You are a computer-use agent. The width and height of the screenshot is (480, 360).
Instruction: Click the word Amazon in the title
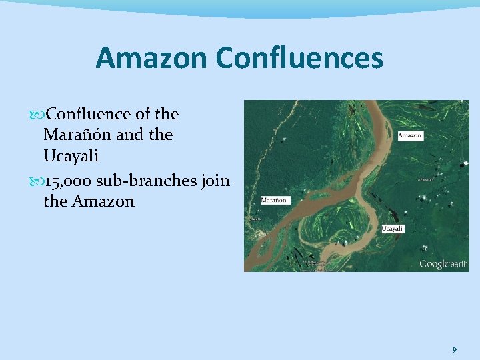pos(151,58)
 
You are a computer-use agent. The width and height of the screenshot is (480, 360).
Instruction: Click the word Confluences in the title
pos(299,58)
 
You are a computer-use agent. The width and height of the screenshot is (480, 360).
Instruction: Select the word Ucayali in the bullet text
pos(71,155)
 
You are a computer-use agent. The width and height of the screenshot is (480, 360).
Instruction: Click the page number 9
pos(454,349)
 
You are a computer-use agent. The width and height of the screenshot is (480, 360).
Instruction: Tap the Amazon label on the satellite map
pos(410,136)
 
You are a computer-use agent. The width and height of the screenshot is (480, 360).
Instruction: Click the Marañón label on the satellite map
pos(275,199)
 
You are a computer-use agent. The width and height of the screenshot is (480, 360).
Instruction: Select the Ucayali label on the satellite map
pos(392,229)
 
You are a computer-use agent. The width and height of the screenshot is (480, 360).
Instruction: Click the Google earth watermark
pos(443,264)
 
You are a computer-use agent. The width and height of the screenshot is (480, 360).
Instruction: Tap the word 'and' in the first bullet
pos(129,135)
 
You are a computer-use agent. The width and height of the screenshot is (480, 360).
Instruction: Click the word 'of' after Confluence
pos(141,114)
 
